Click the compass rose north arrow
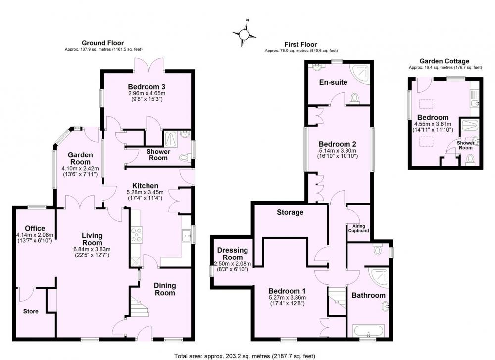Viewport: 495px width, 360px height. coord(244,33)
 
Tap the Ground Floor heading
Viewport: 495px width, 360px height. coord(102,43)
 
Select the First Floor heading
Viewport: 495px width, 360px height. coord(300,45)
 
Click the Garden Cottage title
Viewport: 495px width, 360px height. coord(444,61)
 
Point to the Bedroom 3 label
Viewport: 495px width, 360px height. coord(147,87)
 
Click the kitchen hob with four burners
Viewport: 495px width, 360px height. coord(137,235)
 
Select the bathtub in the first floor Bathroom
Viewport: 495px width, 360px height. coord(369,331)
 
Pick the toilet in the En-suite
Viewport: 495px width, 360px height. coord(354,98)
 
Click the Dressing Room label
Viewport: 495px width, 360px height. coord(233,254)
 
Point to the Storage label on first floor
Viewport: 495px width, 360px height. coord(290,212)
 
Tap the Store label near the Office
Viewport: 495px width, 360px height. coord(31,311)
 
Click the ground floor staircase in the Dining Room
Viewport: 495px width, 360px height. coord(139,307)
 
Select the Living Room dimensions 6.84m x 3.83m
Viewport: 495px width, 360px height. coord(92,249)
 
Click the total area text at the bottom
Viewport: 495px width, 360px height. coord(245,356)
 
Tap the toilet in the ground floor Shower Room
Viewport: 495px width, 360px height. coord(184,157)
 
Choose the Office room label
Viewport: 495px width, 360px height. coord(35,228)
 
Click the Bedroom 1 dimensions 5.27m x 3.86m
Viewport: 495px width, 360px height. coord(287,298)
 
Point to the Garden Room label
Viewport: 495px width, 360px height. coord(81,158)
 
